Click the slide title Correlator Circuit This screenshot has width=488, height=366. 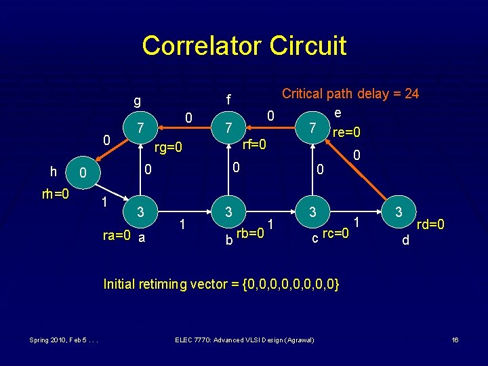[x=244, y=45]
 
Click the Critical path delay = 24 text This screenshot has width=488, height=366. [x=350, y=94]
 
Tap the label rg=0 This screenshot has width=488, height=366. [x=169, y=147]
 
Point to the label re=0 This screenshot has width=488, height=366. [x=346, y=131]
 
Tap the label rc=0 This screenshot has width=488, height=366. [x=335, y=234]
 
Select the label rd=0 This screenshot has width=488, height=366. [x=430, y=224]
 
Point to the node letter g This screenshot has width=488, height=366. [x=137, y=102]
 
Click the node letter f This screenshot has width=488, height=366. [x=228, y=100]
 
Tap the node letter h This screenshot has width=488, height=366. [x=53, y=172]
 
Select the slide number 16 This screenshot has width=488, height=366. [x=455, y=340]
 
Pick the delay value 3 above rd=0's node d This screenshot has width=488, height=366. [x=399, y=212]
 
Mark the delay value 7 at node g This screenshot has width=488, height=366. [x=139, y=127]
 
